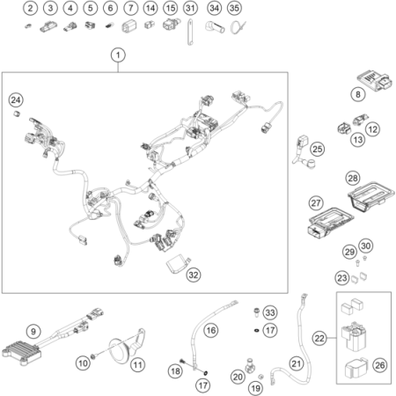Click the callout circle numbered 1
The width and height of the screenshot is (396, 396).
coord(118,55)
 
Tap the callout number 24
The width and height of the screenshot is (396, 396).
coord(16,99)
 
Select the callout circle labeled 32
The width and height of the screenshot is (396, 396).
coord(194,275)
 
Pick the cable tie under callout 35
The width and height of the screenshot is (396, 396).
coord(238,28)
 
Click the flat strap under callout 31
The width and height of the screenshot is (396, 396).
coord(190,33)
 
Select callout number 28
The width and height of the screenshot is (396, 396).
coord(353,178)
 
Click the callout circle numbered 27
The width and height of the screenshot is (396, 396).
coord(316,203)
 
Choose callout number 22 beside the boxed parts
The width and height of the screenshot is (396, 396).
coord(319,338)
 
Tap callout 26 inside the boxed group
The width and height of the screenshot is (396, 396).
coord(380,365)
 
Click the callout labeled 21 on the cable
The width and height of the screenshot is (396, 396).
coord(297,363)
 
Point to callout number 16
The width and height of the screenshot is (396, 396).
coord(211,330)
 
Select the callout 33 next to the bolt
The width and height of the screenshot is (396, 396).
coord(270,312)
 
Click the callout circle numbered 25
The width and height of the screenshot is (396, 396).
coord(318,149)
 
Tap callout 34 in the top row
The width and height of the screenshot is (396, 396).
coord(214,8)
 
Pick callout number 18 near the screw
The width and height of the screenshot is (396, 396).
coord(175,371)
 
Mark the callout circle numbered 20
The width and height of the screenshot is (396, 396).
coord(238,377)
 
